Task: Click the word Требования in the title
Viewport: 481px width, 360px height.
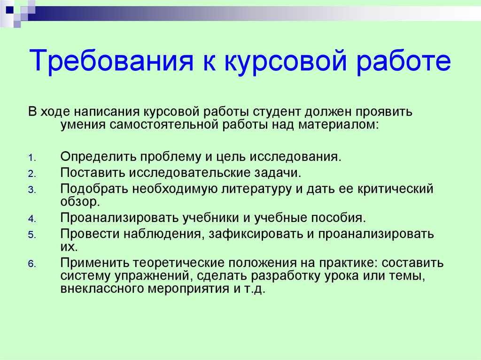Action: tap(111, 61)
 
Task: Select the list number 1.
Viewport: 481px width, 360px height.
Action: tap(32, 158)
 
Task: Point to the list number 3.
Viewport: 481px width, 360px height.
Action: tap(32, 190)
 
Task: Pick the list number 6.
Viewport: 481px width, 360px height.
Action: tap(32, 264)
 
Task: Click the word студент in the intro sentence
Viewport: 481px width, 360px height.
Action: tap(277, 112)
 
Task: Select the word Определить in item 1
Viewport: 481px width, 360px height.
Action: tap(98, 157)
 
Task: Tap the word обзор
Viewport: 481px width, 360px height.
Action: tap(78, 202)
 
